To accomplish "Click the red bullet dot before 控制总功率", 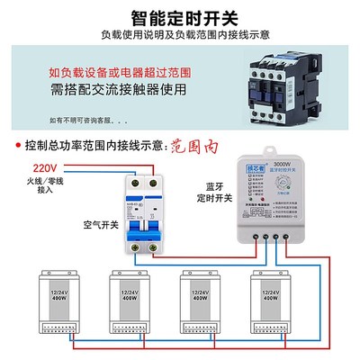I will pos(20,144).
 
